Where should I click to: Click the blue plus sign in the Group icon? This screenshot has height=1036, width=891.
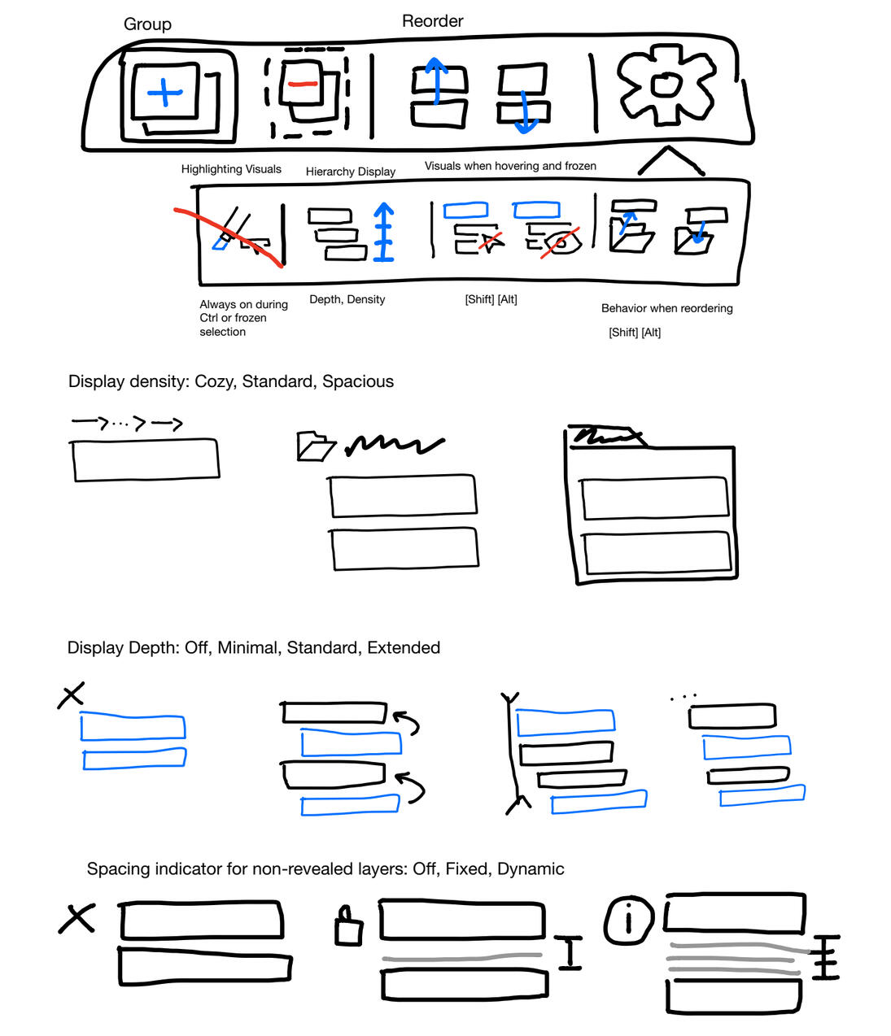point(165,92)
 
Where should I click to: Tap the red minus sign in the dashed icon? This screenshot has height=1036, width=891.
point(302,84)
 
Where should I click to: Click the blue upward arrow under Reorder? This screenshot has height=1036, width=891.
point(436,81)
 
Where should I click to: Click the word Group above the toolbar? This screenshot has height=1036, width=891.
point(147,24)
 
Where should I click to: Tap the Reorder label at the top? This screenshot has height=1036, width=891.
point(432,21)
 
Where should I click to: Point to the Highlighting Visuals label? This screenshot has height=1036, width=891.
point(231,169)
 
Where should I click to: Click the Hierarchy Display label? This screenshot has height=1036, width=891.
point(350,172)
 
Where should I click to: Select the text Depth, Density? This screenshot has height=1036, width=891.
point(347,299)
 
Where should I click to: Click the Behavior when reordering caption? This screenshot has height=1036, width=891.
point(666,308)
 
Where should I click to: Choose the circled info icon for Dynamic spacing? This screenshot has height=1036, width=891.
point(628,921)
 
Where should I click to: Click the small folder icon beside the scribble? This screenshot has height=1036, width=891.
point(315,446)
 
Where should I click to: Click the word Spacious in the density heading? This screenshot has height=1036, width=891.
point(358,381)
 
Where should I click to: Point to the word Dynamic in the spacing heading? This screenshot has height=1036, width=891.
point(531,868)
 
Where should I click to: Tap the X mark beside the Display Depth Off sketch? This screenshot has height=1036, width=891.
point(72,695)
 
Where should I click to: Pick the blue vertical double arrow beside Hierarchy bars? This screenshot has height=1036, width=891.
point(383,232)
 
